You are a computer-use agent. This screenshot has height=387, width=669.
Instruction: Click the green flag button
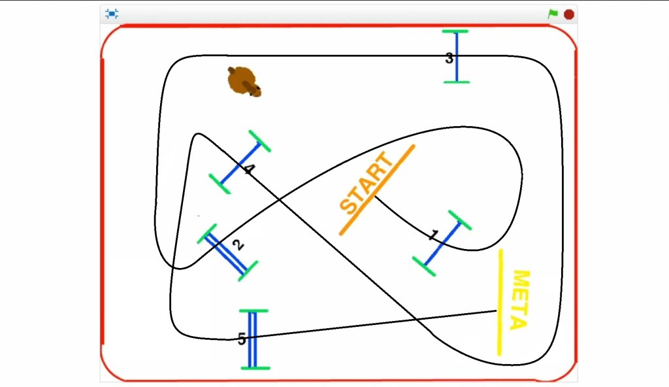point(553,14)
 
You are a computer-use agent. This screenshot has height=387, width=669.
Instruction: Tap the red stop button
point(569,14)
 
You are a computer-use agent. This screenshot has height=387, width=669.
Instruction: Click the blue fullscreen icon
point(112,14)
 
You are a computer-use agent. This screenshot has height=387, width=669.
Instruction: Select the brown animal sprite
point(244,82)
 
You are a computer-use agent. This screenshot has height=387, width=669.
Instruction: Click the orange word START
point(366,183)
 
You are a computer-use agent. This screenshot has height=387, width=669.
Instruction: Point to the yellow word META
point(520,300)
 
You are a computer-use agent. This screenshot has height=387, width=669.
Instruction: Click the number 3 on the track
point(449,58)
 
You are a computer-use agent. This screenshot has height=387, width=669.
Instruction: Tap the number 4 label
point(249,169)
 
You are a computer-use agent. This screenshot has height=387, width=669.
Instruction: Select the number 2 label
point(238,244)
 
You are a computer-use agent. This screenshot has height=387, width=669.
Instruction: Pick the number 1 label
point(434,235)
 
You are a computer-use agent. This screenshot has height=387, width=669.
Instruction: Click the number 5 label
point(242,339)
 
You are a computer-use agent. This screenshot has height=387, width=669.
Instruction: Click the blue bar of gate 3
point(457,56)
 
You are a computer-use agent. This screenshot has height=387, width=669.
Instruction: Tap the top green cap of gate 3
point(455,31)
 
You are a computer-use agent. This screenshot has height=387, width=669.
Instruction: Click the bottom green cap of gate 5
point(255,368)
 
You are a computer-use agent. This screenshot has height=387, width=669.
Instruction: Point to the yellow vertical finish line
point(500,302)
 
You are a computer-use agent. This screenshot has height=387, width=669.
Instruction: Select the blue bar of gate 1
point(442,243)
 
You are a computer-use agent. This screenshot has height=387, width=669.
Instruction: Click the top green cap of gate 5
point(254,311)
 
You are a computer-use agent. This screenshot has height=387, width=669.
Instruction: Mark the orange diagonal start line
point(377,190)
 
